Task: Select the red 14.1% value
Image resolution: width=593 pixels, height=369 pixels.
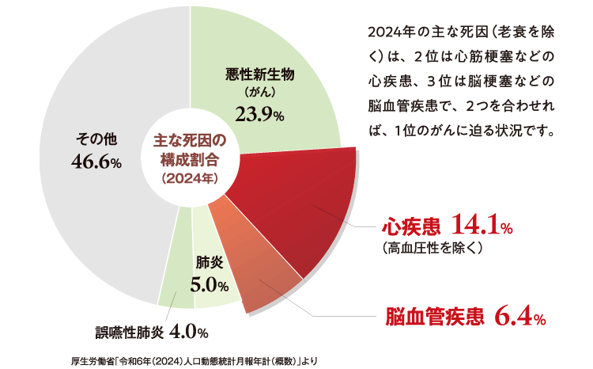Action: pos(482,226)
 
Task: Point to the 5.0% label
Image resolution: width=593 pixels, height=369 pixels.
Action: pos(210,284)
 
